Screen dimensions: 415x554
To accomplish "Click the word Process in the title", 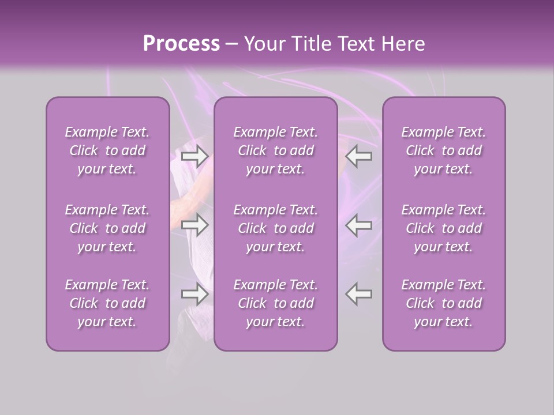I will point(181,44).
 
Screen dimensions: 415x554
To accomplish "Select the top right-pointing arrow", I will point(195,156).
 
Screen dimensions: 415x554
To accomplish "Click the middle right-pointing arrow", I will point(195,225).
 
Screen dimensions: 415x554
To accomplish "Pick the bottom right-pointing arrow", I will point(195,294).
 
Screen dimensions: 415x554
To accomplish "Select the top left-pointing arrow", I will point(359,156).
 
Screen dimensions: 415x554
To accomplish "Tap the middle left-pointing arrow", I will point(359,225).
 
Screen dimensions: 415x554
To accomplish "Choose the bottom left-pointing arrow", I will point(359,294).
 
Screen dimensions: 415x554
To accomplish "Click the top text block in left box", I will point(107,150).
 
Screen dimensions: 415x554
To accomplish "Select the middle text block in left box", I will point(107,228).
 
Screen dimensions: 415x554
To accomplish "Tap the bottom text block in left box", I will point(107,303).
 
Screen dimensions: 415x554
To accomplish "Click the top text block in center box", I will point(276,150).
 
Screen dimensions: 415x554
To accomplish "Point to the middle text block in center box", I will point(276,228).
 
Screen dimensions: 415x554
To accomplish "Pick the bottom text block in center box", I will point(276,303).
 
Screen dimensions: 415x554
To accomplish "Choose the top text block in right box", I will point(444,150).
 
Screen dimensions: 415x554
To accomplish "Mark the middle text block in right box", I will point(444,228).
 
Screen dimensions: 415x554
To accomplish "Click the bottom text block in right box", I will point(444,303).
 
